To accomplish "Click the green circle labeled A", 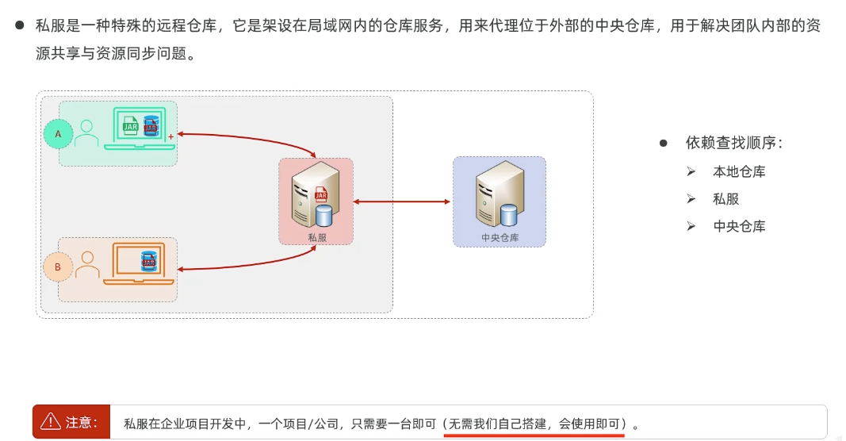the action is [x=58, y=134].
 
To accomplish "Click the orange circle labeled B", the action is [x=58, y=267].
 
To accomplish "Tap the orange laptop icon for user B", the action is [x=139, y=262].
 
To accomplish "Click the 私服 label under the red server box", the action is [x=316, y=237].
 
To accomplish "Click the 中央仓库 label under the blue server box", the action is [x=500, y=237].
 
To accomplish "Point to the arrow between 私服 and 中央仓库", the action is [x=402, y=202].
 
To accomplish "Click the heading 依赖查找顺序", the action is [x=734, y=144].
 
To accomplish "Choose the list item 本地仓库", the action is [x=739, y=172].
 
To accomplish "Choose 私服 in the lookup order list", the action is [x=725, y=199].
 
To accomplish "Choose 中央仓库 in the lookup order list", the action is [x=739, y=226].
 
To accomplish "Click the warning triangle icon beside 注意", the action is [x=51, y=421].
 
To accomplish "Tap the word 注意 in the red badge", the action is [x=82, y=422].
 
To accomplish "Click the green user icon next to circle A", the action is [x=86, y=132].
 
